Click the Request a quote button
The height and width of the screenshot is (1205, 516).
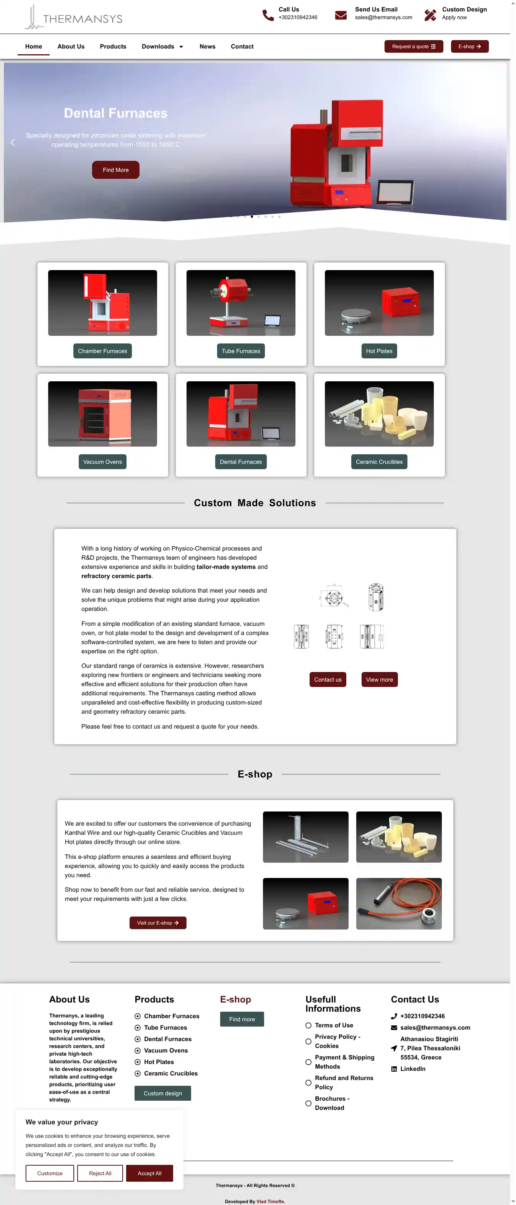[x=414, y=46]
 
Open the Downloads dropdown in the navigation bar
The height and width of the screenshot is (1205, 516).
[x=162, y=46]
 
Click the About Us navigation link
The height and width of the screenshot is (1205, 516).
[x=71, y=46]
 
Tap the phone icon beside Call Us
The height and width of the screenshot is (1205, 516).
[x=268, y=15]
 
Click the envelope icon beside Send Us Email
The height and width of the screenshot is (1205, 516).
[x=341, y=15]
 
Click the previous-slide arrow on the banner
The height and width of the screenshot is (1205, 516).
[x=13, y=142]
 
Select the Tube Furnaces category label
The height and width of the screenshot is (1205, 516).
[x=241, y=351]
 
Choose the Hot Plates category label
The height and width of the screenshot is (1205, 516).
[x=379, y=351]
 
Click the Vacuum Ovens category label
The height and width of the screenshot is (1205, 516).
[x=102, y=462]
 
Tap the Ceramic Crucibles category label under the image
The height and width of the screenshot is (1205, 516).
[x=379, y=462]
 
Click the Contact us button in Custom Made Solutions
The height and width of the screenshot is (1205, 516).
[x=328, y=680]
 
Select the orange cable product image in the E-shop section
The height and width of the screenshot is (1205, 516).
[x=399, y=903]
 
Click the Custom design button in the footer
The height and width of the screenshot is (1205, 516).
[x=163, y=1093]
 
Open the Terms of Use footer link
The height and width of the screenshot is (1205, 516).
[x=334, y=1025]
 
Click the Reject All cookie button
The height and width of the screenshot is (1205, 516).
[x=100, y=1173]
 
